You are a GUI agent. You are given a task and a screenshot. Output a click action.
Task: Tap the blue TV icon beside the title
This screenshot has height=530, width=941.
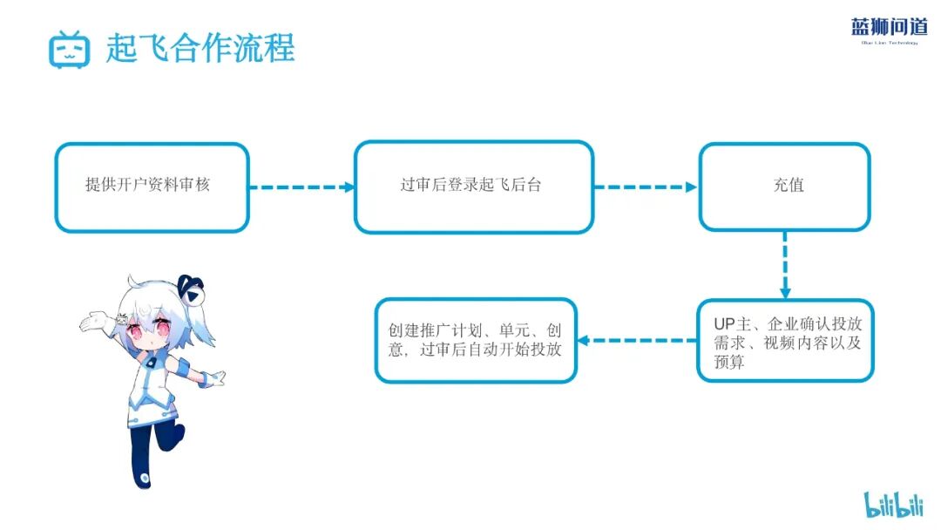[70, 49]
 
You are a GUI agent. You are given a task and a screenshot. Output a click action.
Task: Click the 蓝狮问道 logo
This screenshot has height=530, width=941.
[889, 29]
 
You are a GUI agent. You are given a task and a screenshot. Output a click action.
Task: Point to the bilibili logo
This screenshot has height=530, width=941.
[893, 504]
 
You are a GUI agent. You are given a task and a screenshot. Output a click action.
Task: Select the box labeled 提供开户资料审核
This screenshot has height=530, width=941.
[152, 187]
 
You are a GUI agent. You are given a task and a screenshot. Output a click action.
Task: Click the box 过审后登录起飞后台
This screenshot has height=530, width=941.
[474, 187]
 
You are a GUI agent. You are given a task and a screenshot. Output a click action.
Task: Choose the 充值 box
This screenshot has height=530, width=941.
[784, 187]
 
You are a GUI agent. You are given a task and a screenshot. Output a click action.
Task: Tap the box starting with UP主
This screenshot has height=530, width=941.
[785, 341]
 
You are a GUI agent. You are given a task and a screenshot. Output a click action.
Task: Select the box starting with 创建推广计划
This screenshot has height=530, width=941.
[476, 341]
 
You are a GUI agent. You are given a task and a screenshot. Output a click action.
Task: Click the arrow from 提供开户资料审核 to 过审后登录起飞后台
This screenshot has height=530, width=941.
[301, 187]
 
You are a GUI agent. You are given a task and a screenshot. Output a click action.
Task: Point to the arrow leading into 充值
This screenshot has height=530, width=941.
[646, 187]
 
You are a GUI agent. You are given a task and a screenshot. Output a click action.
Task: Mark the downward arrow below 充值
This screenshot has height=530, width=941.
[785, 265]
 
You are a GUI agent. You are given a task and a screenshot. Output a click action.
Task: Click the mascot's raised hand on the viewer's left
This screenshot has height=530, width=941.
[90, 322]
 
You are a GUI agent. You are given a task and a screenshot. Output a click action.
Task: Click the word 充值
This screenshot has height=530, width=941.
[788, 186]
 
